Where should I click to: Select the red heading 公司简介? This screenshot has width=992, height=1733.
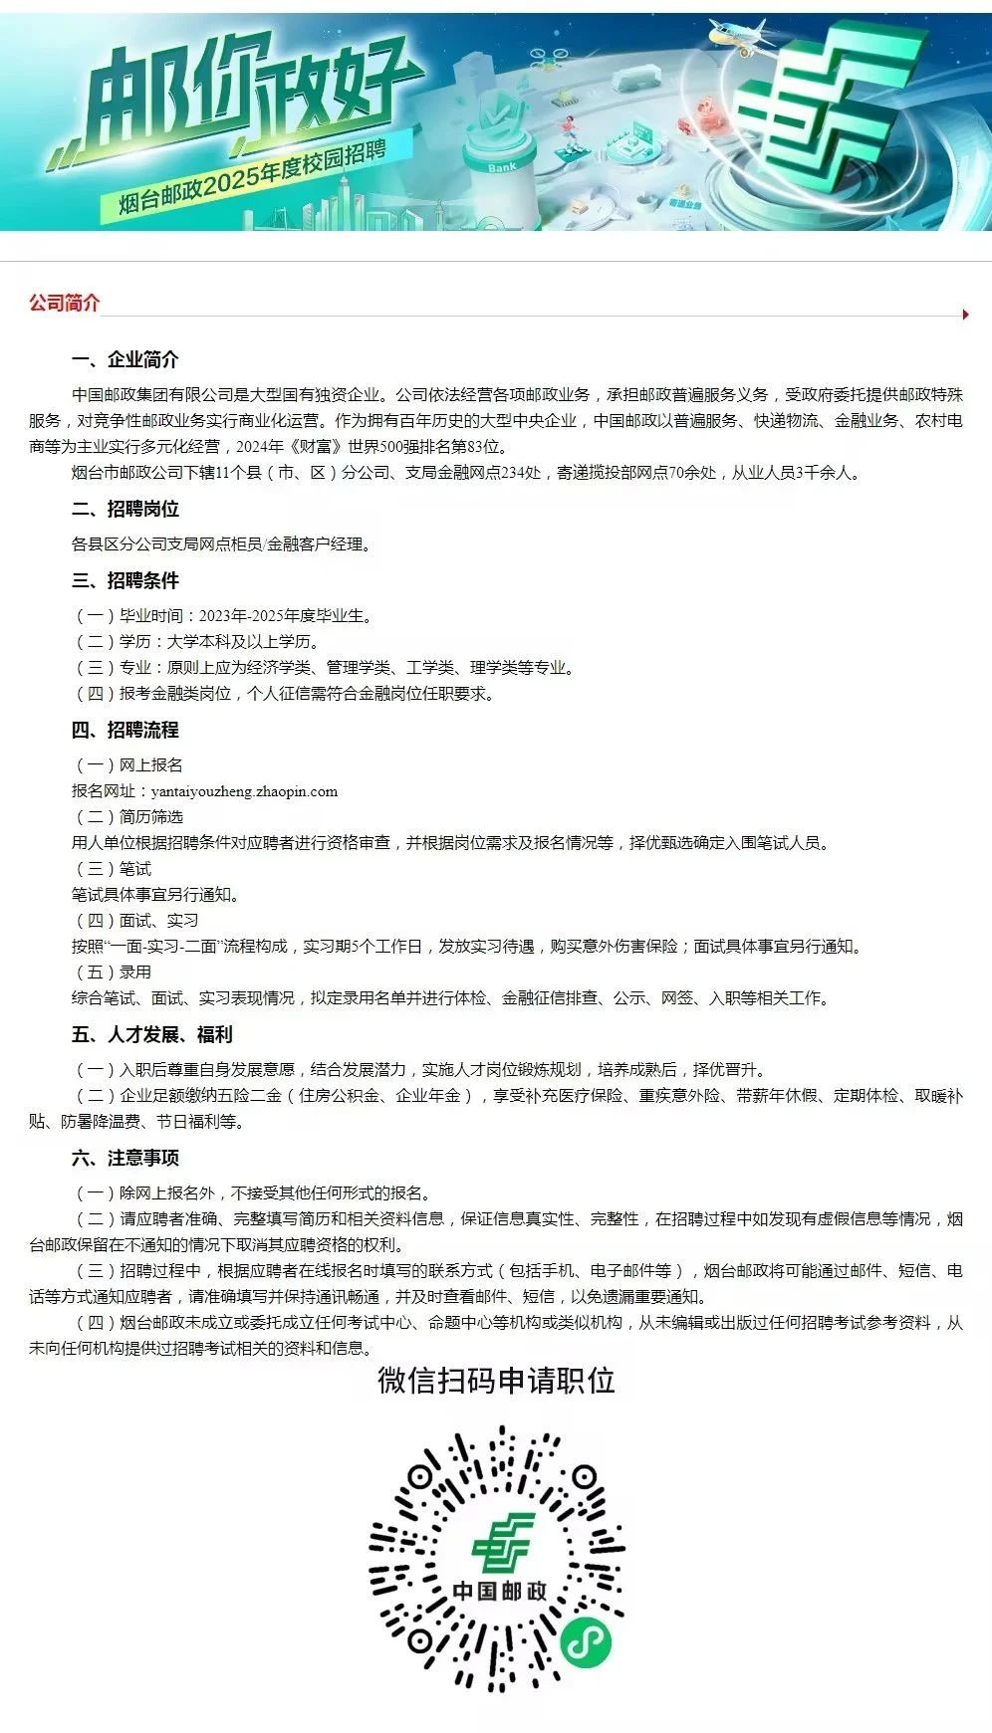coord(64,303)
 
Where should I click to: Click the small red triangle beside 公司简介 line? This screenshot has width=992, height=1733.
coord(965,315)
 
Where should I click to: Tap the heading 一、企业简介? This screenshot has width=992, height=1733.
coord(125,359)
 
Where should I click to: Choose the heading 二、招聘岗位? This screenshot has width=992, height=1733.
coord(125,509)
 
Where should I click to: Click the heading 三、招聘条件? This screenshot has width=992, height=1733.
coord(125,580)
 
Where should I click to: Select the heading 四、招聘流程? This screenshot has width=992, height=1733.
coord(125,730)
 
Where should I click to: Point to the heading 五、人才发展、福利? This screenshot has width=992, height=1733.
coord(151,1034)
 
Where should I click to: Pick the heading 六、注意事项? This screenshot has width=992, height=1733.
coord(125,1158)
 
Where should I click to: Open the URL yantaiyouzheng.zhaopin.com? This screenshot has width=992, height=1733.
coord(244,791)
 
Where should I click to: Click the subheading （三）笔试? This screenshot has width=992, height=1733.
coord(114,869)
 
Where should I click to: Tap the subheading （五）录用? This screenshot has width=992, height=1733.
coord(114,972)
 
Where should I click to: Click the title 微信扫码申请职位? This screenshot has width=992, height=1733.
coord(496,1381)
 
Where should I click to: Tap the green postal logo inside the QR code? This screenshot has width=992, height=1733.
coord(502,1542)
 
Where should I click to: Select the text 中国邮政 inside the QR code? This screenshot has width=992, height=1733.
coord(500,1590)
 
